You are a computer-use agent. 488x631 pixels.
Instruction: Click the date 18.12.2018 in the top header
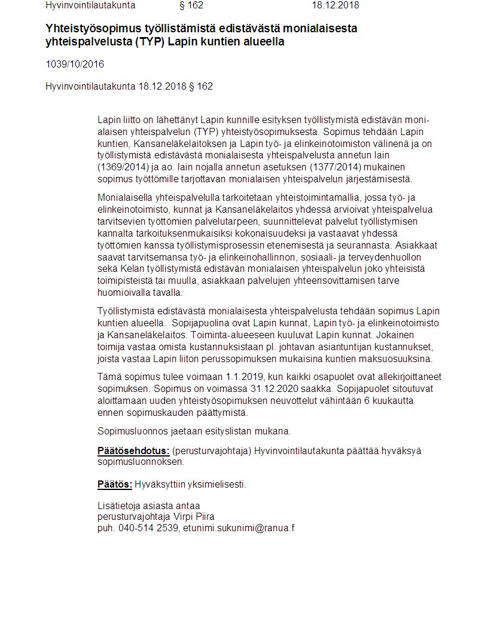tap(335, 5)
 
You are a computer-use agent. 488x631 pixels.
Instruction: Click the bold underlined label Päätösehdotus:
tap(133, 451)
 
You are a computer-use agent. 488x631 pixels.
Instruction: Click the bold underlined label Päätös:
tap(115, 484)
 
